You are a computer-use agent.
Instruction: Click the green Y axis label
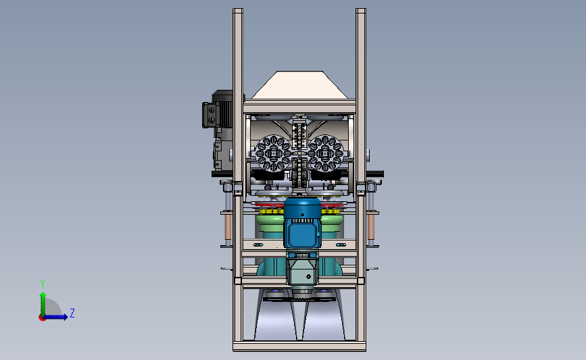pos(43,284)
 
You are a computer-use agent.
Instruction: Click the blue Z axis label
pos(72,313)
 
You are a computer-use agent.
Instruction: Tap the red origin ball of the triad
pos(42,317)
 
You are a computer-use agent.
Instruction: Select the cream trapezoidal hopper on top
pos(299,85)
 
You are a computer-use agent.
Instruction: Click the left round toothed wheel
pos(274,153)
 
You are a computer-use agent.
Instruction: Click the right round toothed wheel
pos(325,153)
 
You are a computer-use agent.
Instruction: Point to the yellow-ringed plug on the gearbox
pos(308,277)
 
